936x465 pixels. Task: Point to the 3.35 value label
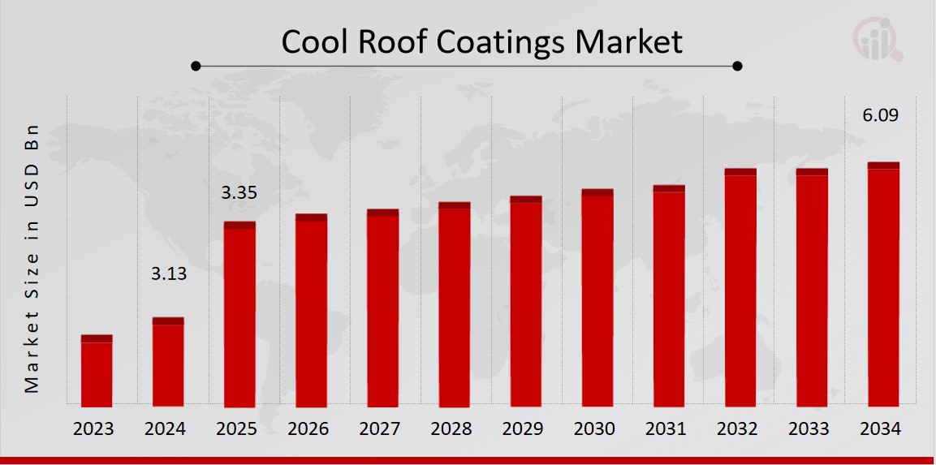tap(239, 193)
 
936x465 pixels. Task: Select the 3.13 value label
tap(169, 274)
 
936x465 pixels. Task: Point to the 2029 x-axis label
tap(525, 429)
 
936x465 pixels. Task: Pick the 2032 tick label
tap(740, 429)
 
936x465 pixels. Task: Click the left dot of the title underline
tap(196, 66)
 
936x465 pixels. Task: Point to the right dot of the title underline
tap(737, 66)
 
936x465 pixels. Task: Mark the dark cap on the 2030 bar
tap(597, 192)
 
